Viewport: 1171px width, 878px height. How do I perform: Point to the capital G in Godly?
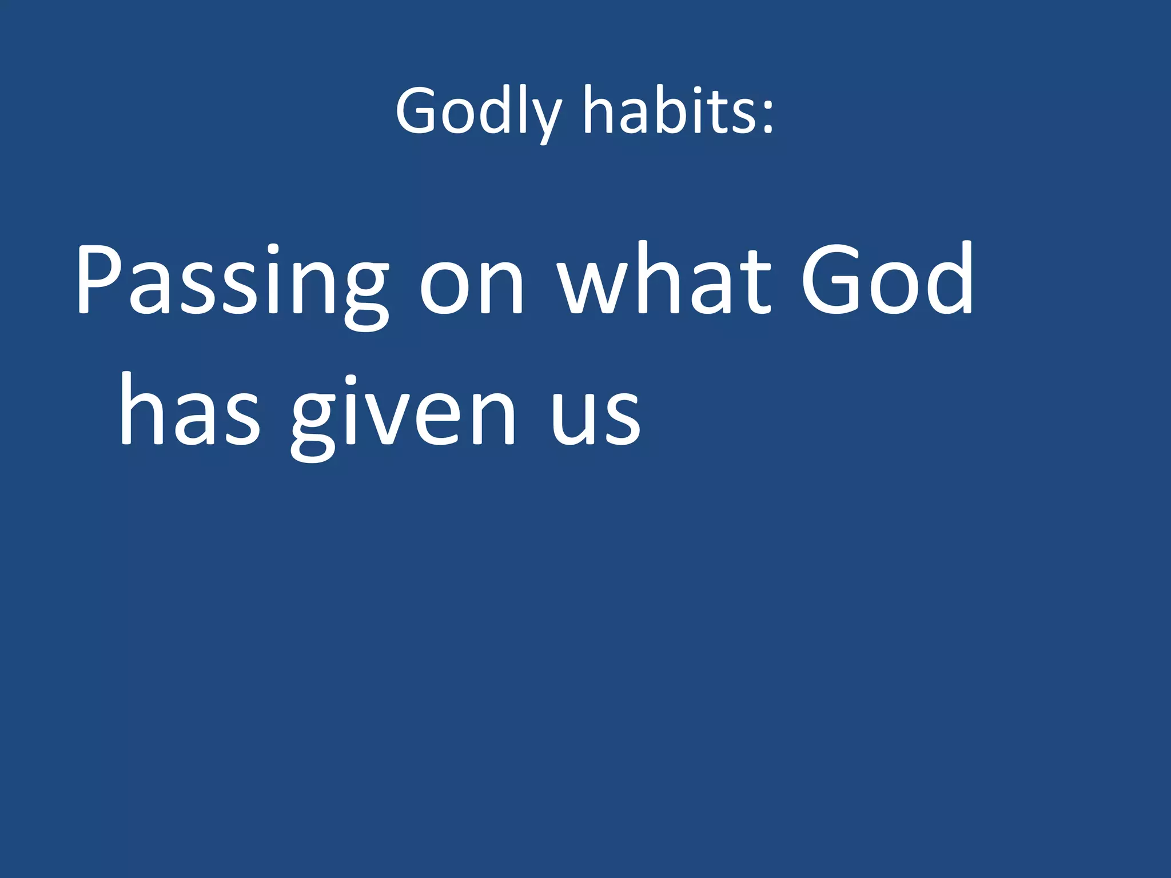coord(417,111)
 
